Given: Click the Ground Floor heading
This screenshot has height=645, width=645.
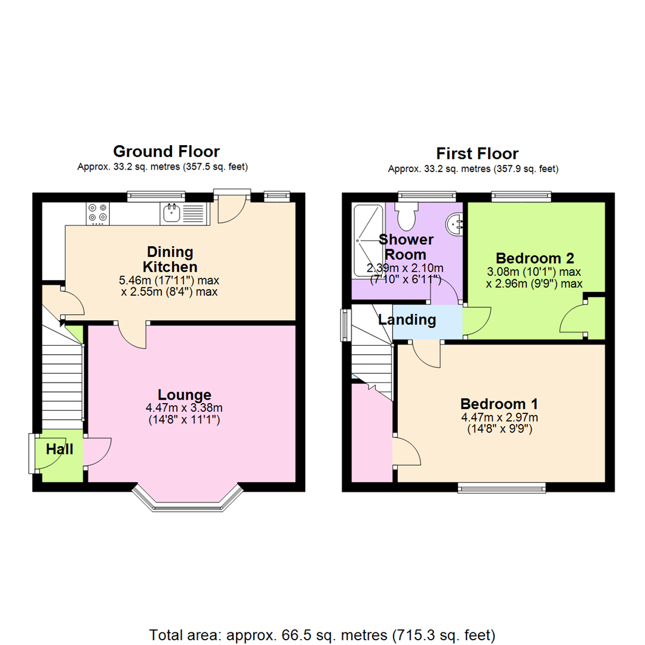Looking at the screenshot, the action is (166, 151).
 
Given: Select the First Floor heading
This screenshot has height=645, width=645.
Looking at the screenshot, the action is (477, 153).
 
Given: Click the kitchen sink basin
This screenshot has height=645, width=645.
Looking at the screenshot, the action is (171, 213).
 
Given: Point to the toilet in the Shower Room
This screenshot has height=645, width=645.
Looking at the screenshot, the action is (407, 216).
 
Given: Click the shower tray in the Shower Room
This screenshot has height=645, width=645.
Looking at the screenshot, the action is (368, 241).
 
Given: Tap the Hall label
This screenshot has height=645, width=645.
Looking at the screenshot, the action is (60, 449).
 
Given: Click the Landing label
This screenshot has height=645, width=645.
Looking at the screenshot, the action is (407, 320).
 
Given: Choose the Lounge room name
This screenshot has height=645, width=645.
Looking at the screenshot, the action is (185, 395).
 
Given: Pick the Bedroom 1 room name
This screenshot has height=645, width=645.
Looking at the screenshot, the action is (499, 404).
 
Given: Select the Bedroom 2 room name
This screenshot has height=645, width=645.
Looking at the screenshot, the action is (535, 259).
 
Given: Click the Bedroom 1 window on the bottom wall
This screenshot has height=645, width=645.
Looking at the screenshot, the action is (502, 489).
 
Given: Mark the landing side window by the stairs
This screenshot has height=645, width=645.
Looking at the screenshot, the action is (345, 325).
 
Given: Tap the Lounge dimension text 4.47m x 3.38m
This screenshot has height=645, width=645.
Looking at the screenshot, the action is (184, 408).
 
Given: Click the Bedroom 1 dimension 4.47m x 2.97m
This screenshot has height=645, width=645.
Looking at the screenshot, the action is (499, 417).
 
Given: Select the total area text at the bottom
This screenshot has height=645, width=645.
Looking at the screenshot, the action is (322, 635).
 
